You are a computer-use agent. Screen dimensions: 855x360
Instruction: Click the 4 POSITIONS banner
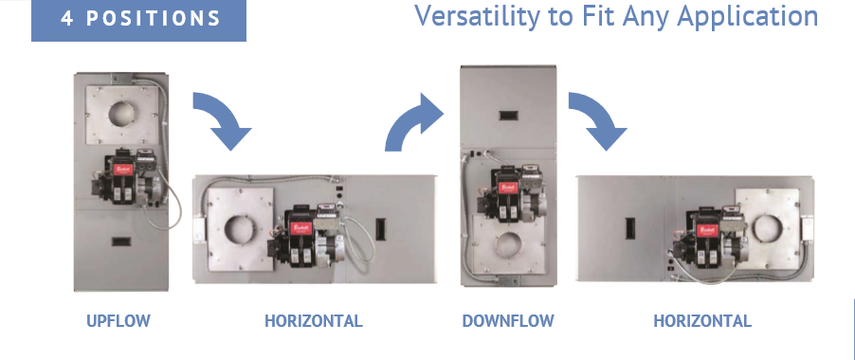coord(138,20)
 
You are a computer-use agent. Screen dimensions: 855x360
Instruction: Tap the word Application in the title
coord(748,17)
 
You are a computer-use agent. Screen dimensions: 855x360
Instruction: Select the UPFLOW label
coord(118,321)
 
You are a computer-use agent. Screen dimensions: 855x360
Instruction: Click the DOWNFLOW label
coord(508,321)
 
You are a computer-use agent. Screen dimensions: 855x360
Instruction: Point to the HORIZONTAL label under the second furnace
coord(314,321)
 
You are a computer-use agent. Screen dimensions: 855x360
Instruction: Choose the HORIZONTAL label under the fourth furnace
coord(702,321)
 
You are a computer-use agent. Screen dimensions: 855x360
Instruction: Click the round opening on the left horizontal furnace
coord(239,229)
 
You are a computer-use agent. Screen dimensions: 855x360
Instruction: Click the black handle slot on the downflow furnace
coord(511,115)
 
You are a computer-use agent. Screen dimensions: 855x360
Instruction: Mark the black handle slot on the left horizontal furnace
coord(381,228)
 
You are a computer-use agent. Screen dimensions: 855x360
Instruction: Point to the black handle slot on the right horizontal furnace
coord(629,228)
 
